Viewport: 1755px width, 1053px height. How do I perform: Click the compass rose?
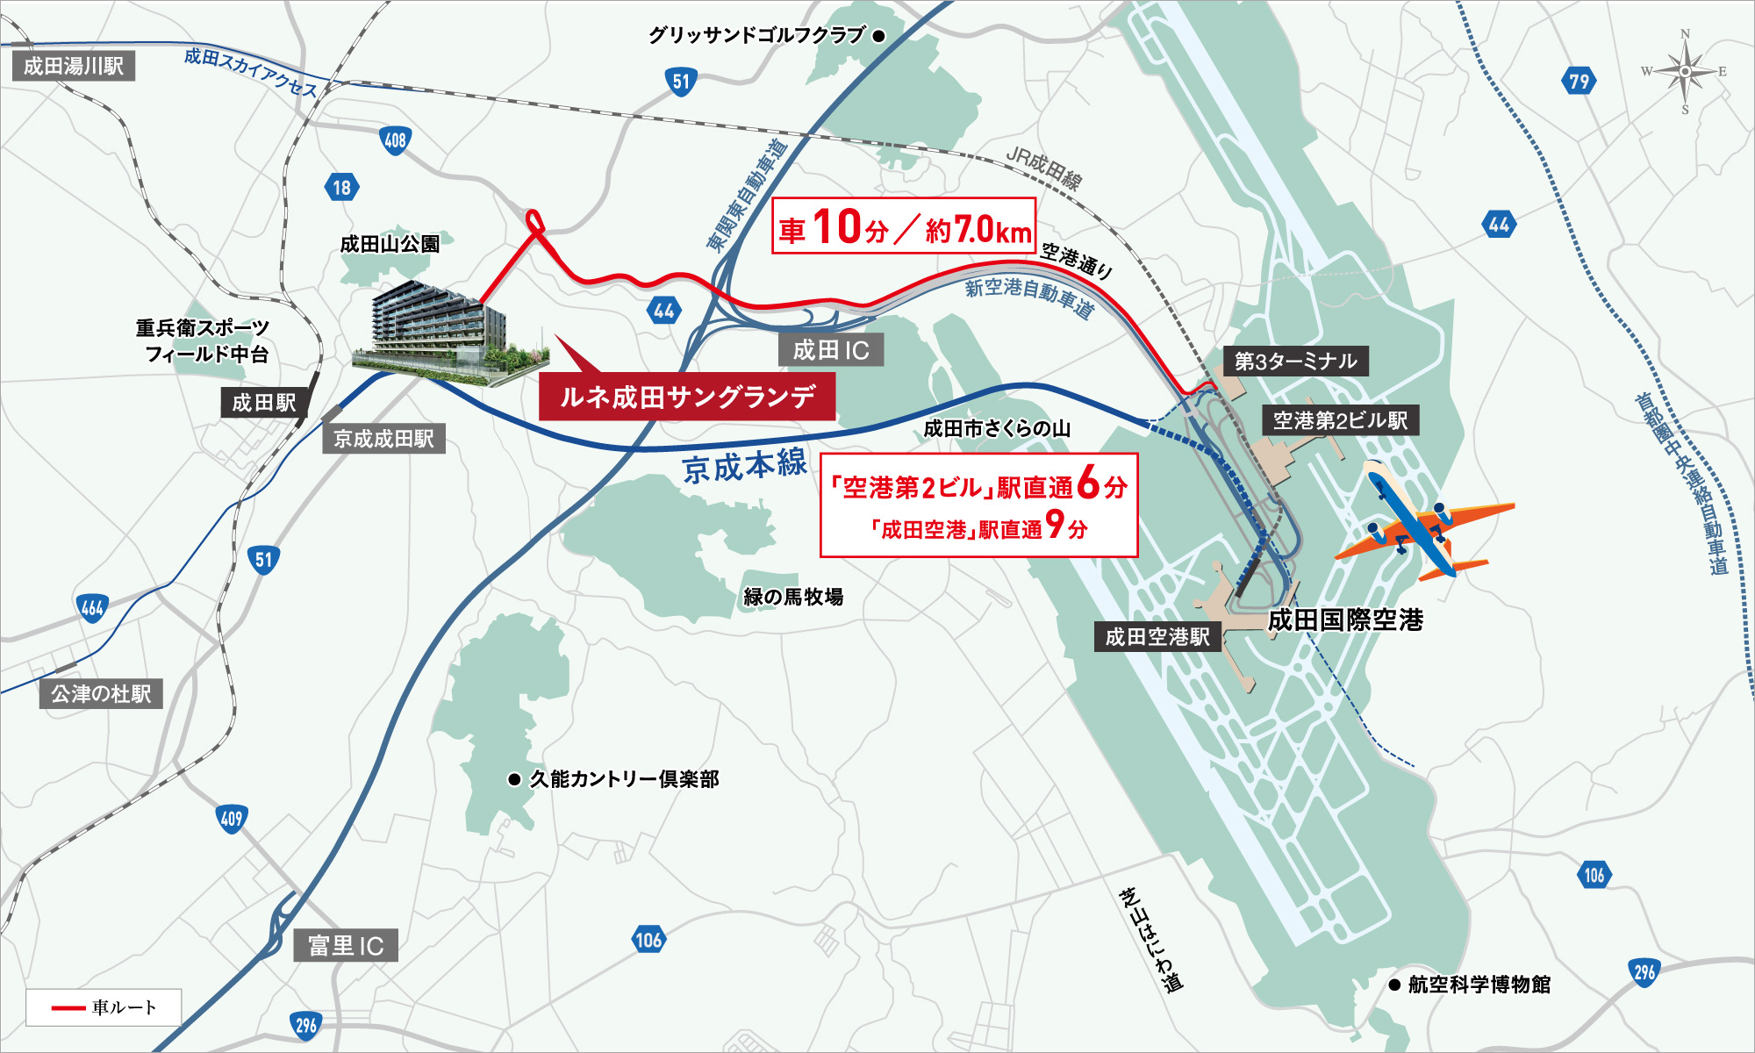click(x=1685, y=71)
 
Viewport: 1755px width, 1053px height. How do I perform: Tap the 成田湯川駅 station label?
click(x=74, y=67)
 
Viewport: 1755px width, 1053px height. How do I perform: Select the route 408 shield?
click(x=396, y=140)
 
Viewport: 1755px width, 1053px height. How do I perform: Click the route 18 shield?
click(x=341, y=187)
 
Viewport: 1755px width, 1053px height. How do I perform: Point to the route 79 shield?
click(x=1579, y=82)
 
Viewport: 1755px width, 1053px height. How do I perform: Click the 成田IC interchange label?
click(x=831, y=350)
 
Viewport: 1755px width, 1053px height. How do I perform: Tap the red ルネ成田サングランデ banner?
click(x=687, y=397)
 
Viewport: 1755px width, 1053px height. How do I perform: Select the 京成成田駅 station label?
click(x=383, y=439)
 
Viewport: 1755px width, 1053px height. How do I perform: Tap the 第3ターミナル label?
click(x=1295, y=361)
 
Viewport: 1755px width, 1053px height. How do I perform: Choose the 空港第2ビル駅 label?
click(x=1340, y=420)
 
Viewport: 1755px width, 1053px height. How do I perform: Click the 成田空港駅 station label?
click(x=1157, y=636)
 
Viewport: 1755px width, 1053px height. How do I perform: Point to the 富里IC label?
click(x=346, y=945)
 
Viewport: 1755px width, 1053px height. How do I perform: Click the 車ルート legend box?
click(x=104, y=1007)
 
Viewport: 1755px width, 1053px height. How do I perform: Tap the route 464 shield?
click(x=93, y=607)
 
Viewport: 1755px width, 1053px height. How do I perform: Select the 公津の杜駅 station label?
click(x=101, y=694)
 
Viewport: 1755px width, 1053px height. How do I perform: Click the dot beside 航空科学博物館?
click(x=1394, y=985)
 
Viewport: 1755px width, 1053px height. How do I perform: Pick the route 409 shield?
click(x=232, y=819)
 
